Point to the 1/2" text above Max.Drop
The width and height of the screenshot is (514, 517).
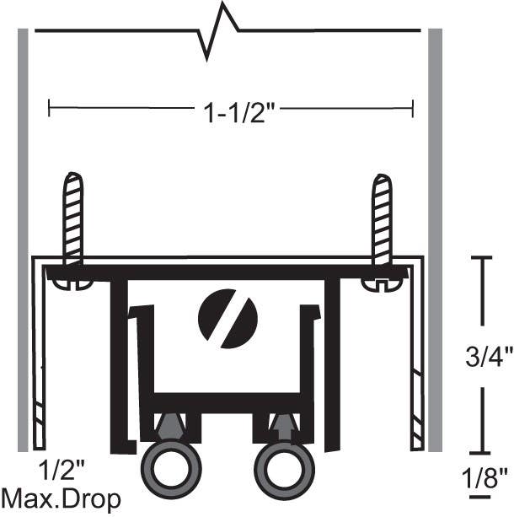[62, 468]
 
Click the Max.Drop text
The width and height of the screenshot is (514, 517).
[61, 497]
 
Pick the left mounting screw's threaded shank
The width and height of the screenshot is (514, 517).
[73, 218]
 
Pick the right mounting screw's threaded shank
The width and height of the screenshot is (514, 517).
[382, 218]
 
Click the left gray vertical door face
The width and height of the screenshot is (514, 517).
[23, 236]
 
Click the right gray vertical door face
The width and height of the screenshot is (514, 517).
[436, 236]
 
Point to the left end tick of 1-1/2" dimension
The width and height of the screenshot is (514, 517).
[50, 108]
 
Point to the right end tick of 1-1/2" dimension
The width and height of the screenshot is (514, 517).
[412, 108]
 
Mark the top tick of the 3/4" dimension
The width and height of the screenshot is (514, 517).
[481, 258]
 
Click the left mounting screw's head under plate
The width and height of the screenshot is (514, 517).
[72, 284]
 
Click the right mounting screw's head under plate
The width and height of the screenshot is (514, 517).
[382, 284]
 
